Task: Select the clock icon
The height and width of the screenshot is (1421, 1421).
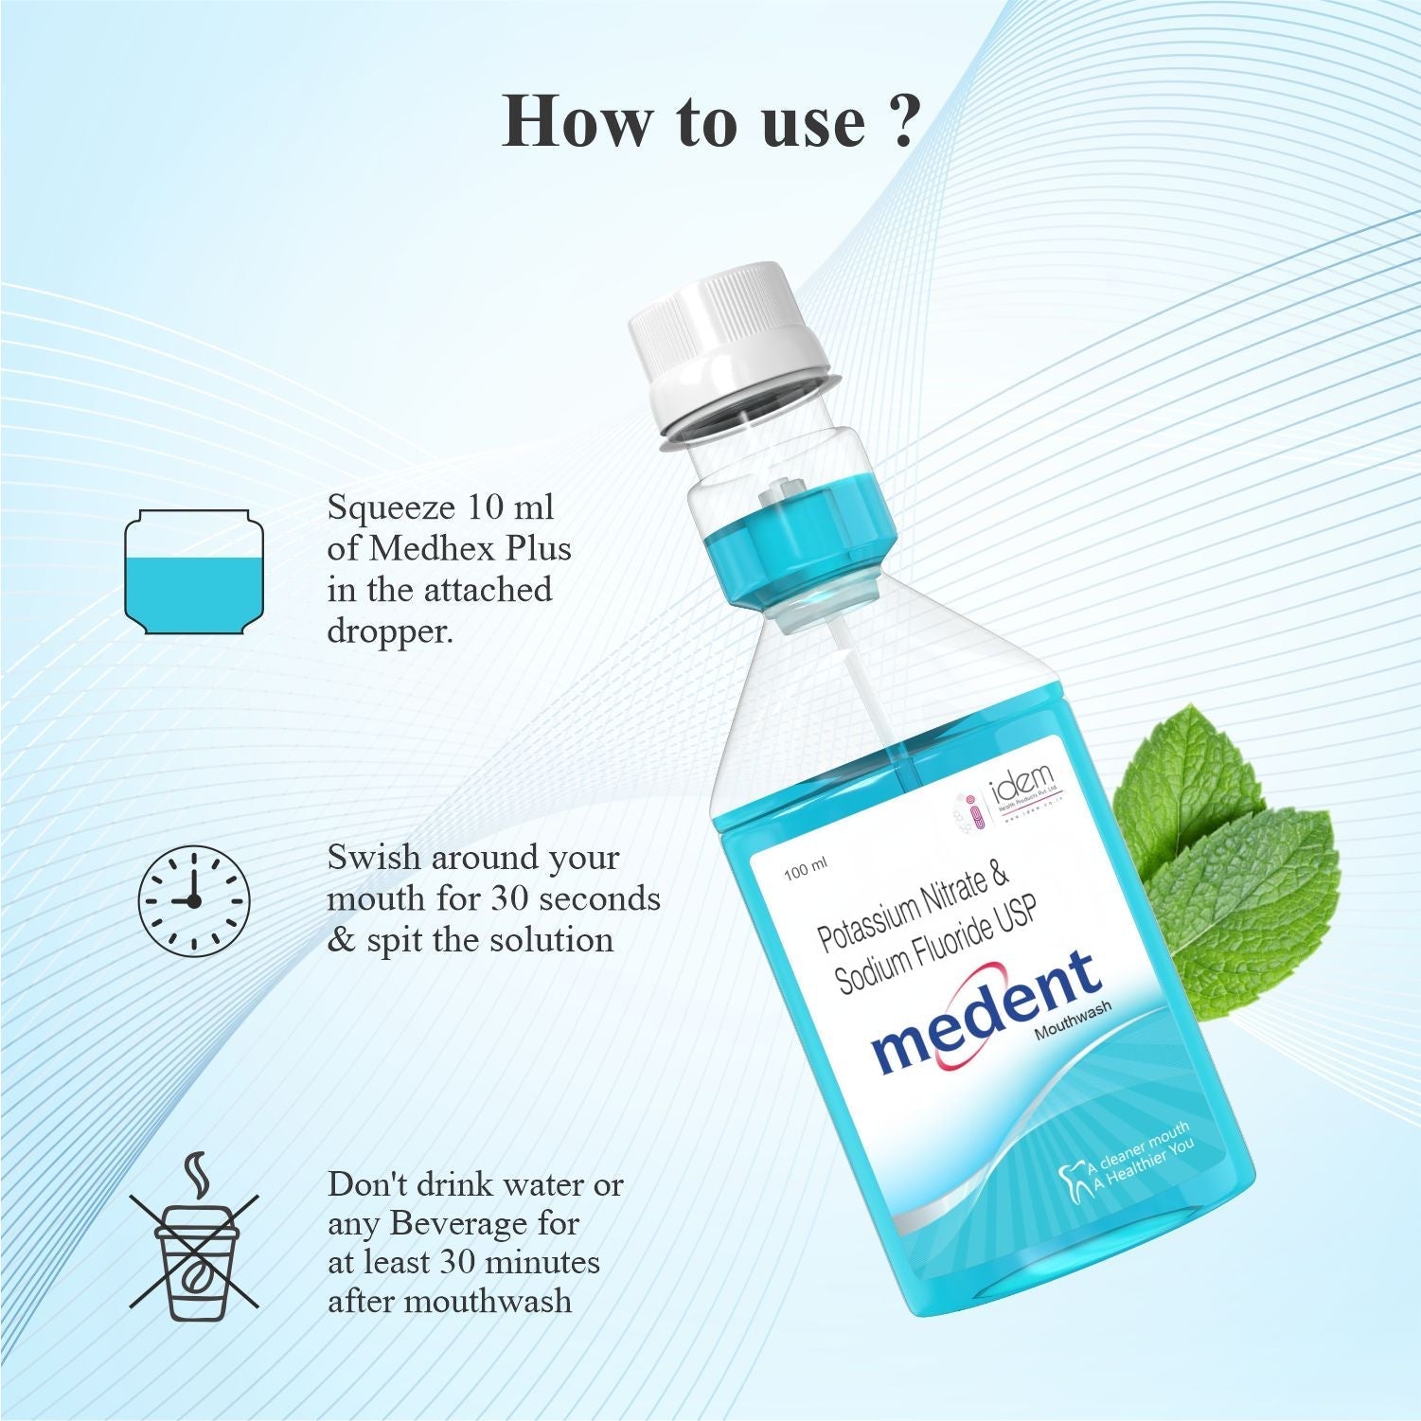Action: coord(194,898)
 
